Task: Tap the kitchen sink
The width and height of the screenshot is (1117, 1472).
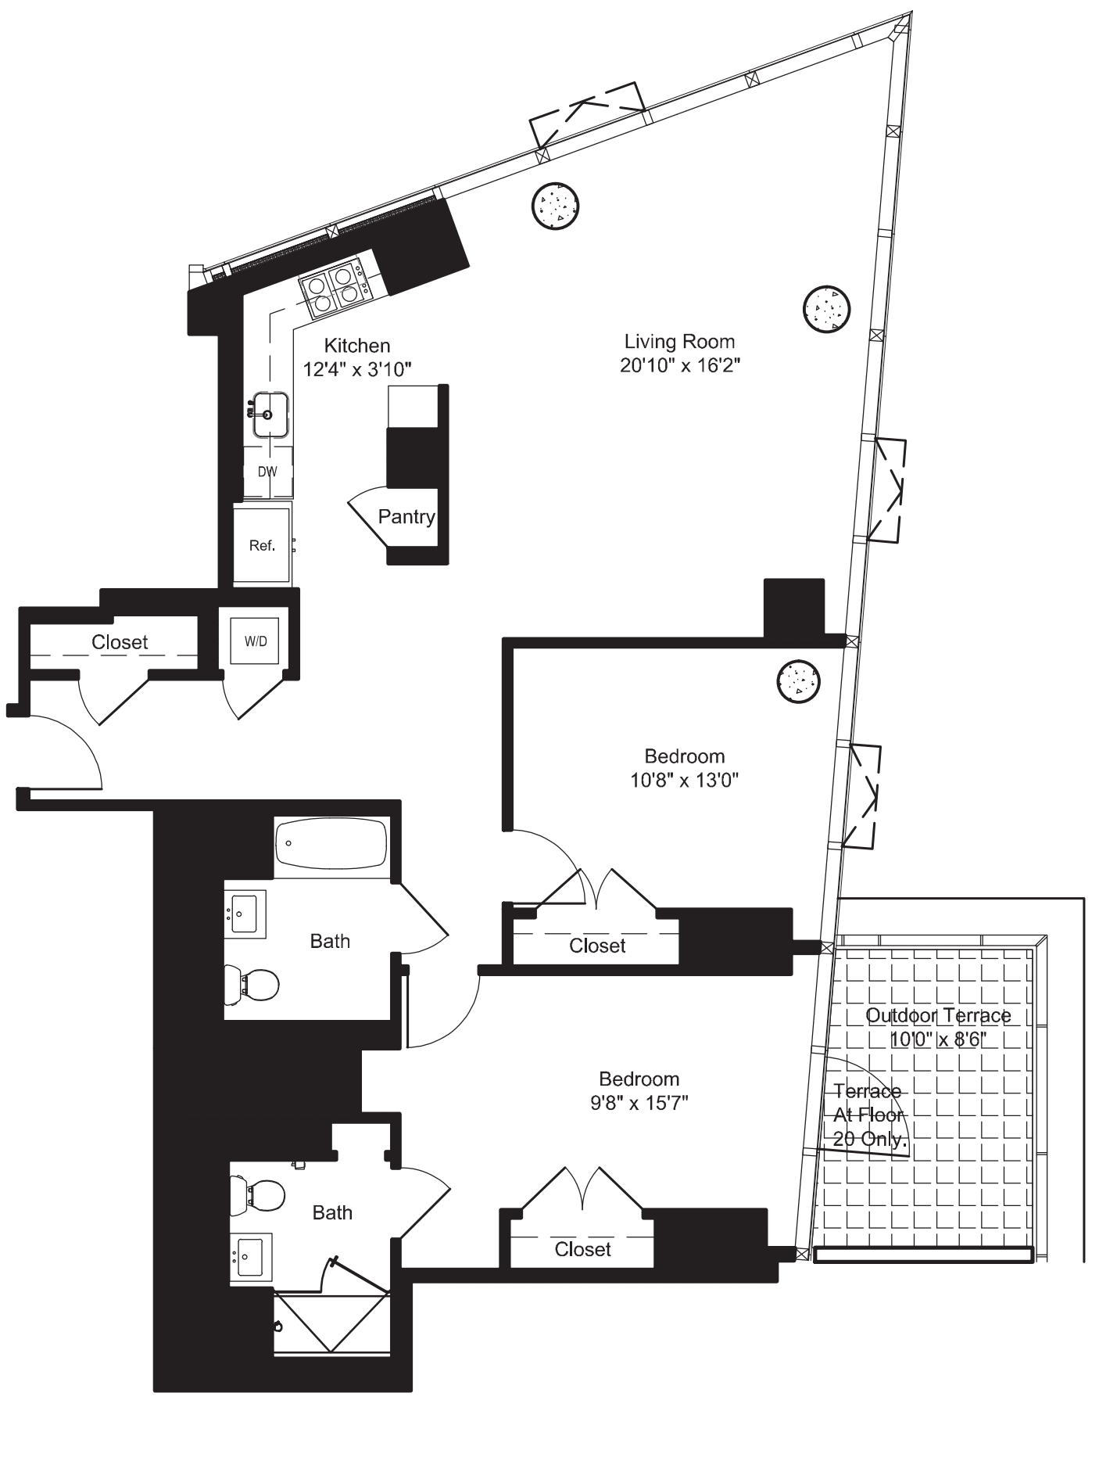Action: click(268, 415)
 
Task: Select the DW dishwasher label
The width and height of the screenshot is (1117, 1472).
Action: click(267, 472)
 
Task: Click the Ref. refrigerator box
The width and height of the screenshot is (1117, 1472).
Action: click(262, 546)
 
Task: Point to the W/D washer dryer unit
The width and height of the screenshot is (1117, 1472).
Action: click(256, 641)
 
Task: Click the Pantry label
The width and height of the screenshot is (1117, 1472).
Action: click(406, 517)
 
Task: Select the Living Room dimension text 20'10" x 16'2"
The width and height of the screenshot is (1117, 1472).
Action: click(679, 365)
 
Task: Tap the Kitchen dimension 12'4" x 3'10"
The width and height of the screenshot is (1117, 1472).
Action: click(357, 369)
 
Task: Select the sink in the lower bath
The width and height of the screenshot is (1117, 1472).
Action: click(250, 1258)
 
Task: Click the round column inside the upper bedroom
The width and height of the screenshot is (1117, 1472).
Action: click(799, 682)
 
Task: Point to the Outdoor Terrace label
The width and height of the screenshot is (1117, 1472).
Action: click(938, 1015)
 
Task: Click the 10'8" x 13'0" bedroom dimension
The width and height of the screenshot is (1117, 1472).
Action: click(684, 780)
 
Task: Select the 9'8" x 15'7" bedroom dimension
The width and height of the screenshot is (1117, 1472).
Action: click(639, 1103)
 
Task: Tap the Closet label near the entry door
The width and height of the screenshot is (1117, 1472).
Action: click(120, 642)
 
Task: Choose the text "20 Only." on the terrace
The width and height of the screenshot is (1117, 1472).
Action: click(868, 1139)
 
